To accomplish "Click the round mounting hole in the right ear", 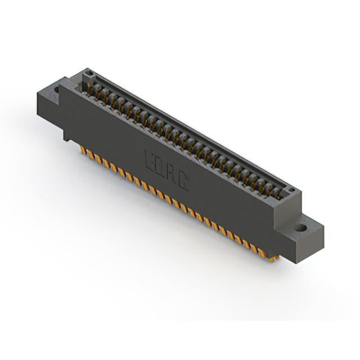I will coord(302,228).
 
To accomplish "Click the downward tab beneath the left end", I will coord(67,135).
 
